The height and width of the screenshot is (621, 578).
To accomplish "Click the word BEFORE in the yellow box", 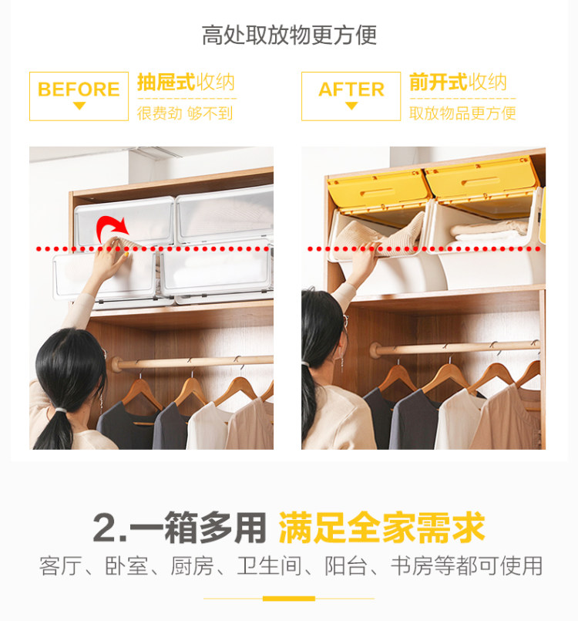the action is [x=79, y=89].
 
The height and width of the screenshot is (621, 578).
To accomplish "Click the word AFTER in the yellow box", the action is [x=351, y=89].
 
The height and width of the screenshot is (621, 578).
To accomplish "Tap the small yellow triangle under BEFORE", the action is [x=79, y=106].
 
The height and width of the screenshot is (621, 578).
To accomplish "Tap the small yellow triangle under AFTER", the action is [x=351, y=106].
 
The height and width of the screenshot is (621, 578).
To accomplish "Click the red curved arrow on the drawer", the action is [x=112, y=228].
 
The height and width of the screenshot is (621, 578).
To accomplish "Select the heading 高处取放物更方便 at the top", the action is [x=289, y=35].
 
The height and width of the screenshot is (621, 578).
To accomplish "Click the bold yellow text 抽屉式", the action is [x=166, y=83].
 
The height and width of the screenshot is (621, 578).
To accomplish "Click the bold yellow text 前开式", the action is [x=439, y=83].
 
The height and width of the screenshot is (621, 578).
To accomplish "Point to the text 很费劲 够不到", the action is [x=185, y=113].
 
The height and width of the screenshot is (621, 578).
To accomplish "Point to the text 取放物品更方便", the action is [x=462, y=113].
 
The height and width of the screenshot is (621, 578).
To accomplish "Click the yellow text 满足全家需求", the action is [x=382, y=528].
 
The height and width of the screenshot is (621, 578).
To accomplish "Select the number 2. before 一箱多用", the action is [x=109, y=528].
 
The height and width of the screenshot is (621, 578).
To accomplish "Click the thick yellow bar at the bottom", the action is [x=289, y=599].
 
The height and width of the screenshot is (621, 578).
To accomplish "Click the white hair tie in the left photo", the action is [x=60, y=410].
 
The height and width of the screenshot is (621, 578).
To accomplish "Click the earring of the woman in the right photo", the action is [x=342, y=363].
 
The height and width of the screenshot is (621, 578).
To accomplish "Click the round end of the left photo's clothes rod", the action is [x=116, y=364].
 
